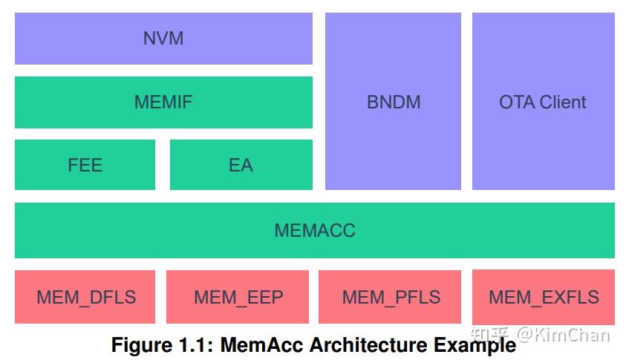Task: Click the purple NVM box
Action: tap(163, 38)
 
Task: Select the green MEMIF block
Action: tap(163, 102)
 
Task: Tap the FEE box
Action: tap(85, 165)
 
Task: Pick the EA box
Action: tap(241, 165)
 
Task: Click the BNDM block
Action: tap(393, 102)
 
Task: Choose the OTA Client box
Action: tap(543, 102)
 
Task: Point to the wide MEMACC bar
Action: tap(314, 230)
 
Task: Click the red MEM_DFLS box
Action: tap(85, 297)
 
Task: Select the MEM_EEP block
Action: tap(238, 297)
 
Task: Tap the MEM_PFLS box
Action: tap(391, 297)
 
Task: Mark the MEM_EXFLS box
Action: tap(543, 297)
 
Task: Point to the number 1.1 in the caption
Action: tap(195, 346)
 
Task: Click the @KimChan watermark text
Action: tap(564, 335)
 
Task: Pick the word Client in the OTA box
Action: tap(563, 102)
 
